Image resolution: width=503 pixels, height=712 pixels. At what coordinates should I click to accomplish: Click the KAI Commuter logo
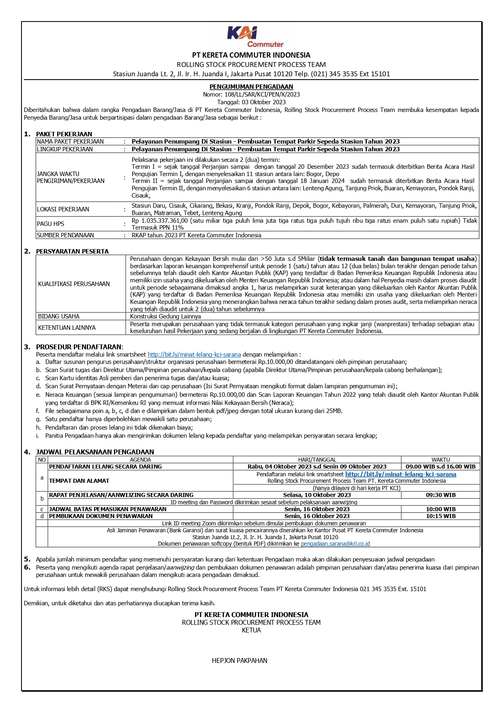click(x=255, y=37)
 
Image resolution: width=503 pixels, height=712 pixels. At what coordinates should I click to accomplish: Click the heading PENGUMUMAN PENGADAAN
click(x=251, y=86)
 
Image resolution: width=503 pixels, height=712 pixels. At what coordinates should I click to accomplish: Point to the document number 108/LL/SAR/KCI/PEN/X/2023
click(x=262, y=94)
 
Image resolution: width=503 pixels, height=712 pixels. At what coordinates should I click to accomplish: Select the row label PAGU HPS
click(x=51, y=224)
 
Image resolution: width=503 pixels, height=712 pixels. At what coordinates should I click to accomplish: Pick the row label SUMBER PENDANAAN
click(x=65, y=235)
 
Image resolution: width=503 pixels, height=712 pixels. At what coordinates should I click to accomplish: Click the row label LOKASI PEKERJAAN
click(x=63, y=209)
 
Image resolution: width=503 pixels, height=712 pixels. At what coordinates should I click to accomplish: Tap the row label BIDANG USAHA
click(x=59, y=316)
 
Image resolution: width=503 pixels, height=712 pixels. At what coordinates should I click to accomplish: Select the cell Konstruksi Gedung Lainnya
click(x=165, y=316)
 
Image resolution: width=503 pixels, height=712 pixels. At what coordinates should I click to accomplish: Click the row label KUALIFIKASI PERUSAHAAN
click(x=74, y=284)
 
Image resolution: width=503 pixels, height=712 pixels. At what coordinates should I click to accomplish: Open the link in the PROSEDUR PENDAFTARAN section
click(x=194, y=355)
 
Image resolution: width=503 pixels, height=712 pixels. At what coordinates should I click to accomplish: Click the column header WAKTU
click(x=441, y=460)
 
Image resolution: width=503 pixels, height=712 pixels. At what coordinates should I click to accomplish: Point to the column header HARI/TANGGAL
click(x=317, y=460)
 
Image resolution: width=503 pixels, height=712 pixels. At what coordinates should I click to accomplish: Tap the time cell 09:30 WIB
click(x=441, y=495)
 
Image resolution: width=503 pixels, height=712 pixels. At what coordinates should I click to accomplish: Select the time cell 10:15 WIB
click(x=441, y=516)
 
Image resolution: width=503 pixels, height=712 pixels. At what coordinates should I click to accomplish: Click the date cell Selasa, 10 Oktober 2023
click(x=317, y=495)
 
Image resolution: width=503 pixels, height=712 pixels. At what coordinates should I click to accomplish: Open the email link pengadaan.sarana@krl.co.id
click(x=335, y=544)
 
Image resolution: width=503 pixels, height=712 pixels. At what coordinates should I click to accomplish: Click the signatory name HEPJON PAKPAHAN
click(x=240, y=660)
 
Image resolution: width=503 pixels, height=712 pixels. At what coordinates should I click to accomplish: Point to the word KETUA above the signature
click(x=251, y=630)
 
